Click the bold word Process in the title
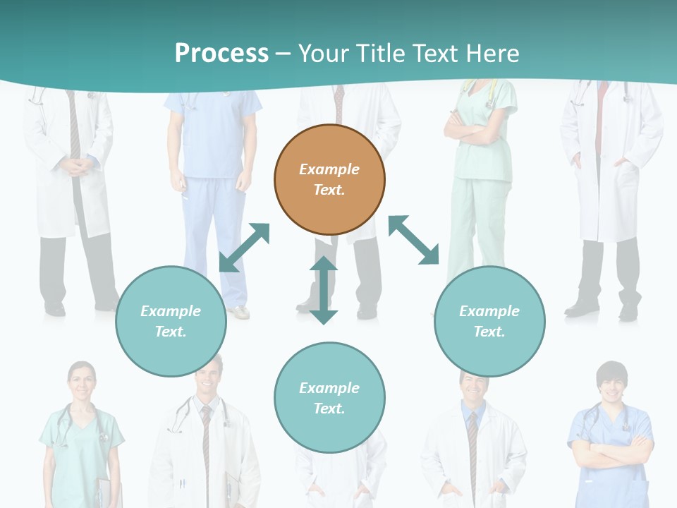point(221,54)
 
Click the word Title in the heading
point(380,54)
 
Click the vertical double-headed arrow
point(324,291)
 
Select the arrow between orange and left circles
point(245,247)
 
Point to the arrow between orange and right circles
point(414,241)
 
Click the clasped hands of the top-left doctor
point(76,167)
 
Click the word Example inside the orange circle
point(329,169)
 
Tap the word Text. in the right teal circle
point(489,332)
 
